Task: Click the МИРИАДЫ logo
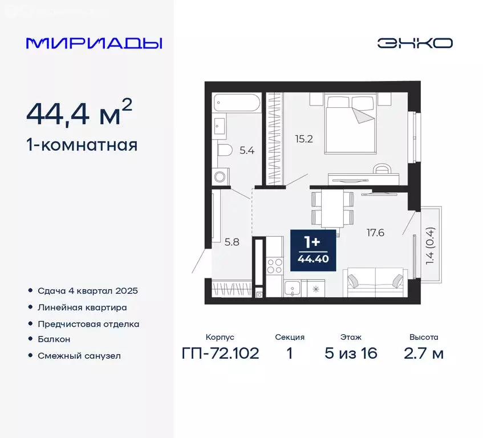click(x=94, y=43)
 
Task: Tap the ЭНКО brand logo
click(x=415, y=43)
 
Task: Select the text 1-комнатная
click(x=82, y=145)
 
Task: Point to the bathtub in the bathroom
click(x=237, y=104)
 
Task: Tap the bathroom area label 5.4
click(x=247, y=151)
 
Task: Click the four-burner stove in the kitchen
click(x=275, y=266)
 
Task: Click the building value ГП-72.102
click(x=220, y=353)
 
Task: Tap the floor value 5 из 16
click(x=351, y=353)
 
